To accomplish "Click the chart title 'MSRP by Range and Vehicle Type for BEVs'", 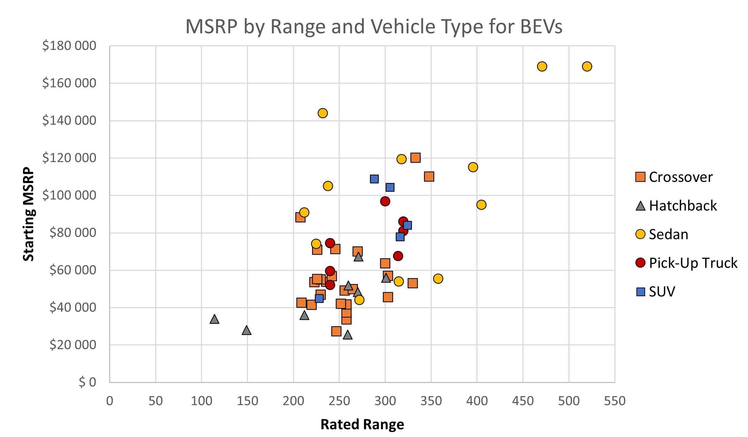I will (373, 26).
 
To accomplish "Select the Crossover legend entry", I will (673, 177).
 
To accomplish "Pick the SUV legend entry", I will (656, 291).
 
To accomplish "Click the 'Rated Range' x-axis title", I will (362, 424).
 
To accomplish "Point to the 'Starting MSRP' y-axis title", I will (29, 214).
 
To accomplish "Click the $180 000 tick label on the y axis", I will (69, 46).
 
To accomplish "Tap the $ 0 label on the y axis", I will (87, 382).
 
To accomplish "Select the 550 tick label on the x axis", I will (614, 401).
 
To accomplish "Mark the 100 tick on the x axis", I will (202, 401).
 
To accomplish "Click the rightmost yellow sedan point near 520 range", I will (587, 66).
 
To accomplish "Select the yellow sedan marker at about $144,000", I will (323, 113).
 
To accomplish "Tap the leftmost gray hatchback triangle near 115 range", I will (214, 319).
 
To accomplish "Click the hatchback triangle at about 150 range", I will (247, 330).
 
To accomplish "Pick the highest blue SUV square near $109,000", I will (374, 179).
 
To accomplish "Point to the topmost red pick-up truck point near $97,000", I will (385, 201).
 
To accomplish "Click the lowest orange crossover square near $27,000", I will (336, 331).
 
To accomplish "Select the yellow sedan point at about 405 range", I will (481, 205).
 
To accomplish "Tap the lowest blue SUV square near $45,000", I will (319, 298).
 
